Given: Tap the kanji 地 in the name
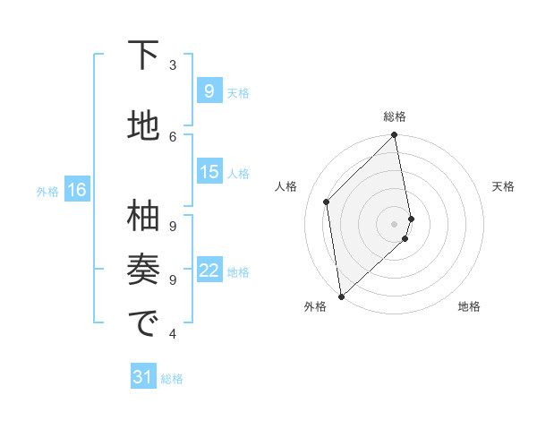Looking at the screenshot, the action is coord(143,126).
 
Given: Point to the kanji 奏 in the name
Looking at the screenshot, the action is coord(143,270).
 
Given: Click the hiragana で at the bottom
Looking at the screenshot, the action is coord(143,324).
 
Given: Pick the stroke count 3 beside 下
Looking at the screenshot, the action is coord(173,64).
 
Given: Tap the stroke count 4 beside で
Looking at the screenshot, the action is coord(173,334).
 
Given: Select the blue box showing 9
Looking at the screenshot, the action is coord(209,91).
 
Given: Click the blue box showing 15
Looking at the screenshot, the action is coord(209,172).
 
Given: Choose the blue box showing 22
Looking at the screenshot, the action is coord(209,271).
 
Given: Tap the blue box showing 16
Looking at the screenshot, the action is coord(77,190).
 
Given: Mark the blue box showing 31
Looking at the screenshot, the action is coord(143,377).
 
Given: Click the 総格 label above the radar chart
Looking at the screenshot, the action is coord(395,116).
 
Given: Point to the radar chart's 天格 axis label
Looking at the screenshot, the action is coord(503,186).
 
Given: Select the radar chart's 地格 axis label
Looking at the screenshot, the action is coord(469,306).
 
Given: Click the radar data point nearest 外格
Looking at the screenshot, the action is coord(341,296).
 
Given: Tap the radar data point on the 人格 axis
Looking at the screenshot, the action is coord(327,202).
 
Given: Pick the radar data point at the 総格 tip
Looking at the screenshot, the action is coord(395,135).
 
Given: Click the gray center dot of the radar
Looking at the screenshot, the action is coord(395,223).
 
